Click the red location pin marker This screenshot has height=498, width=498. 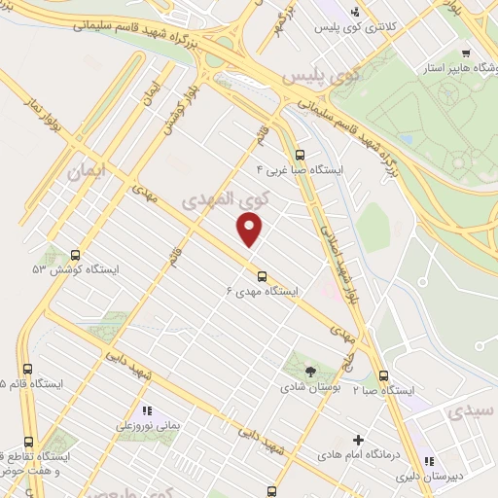point(250,229)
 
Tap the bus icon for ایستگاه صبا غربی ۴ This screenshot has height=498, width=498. point(300,154)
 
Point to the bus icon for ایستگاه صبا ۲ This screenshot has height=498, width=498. point(383,375)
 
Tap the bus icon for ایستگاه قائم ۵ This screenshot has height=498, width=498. point(27,369)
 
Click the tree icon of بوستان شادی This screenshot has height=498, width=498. point(310,371)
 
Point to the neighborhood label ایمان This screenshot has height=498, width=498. point(85,171)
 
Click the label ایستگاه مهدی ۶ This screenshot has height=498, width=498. point(263,291)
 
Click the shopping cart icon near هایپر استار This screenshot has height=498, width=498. point(468,53)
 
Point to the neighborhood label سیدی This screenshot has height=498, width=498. point(471,413)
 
